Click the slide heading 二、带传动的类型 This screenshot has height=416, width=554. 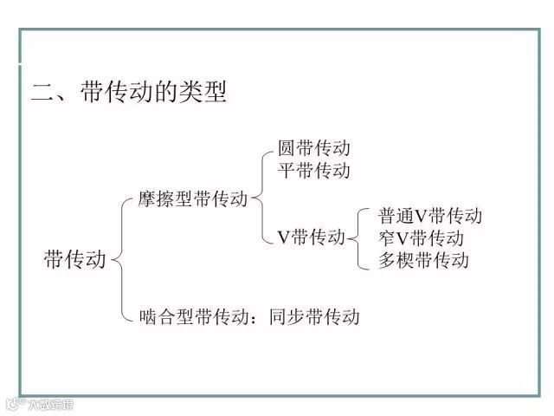[x=129, y=93]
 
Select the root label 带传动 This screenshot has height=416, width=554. [x=74, y=259]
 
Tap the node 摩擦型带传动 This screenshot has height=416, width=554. [x=192, y=199]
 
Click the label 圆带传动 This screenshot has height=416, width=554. [x=314, y=148]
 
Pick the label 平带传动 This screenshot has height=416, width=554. [x=314, y=170]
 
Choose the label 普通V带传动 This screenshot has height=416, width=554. [x=430, y=216]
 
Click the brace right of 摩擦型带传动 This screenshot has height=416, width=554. [x=261, y=199]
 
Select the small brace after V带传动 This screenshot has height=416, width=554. [x=358, y=237]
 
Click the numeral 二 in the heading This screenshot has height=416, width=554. [x=42, y=93]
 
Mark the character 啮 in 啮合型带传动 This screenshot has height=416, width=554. [x=148, y=316]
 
